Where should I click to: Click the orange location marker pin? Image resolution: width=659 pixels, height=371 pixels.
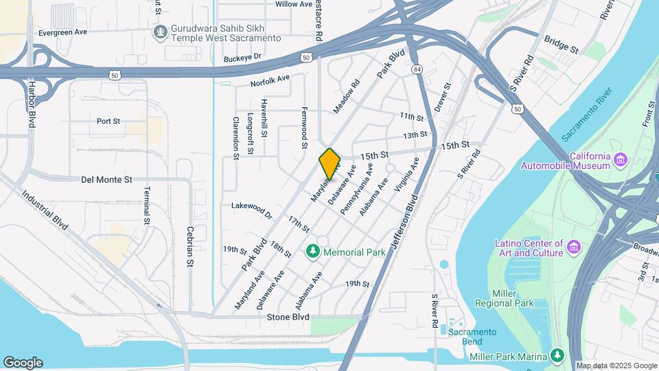[x=329, y=164]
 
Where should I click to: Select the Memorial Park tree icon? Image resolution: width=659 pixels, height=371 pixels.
[x=314, y=251]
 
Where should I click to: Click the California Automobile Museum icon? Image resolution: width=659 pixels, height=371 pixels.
[x=621, y=160]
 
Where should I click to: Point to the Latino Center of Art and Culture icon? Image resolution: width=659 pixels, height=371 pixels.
[x=575, y=246]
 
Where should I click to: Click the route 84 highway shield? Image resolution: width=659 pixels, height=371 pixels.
[x=417, y=70]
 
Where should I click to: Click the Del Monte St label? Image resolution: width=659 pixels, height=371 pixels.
[x=106, y=179]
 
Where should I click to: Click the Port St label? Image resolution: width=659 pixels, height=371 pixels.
[x=108, y=121]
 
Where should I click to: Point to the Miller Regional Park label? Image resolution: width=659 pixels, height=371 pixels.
[x=504, y=297]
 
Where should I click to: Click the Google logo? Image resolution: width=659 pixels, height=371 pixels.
[x=23, y=362]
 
